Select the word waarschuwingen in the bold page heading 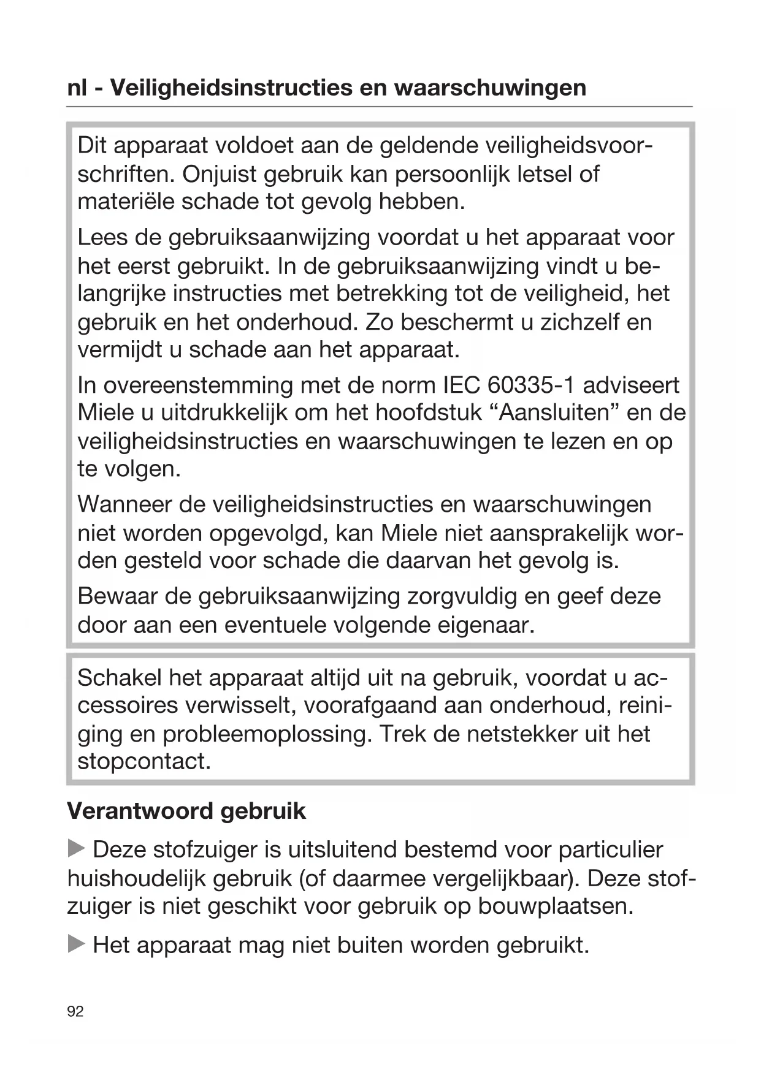pos(489,88)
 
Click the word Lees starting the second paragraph pos(100,237)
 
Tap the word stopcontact pos(144,762)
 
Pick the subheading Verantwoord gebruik pos(186,811)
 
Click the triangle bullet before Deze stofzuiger pos(76,849)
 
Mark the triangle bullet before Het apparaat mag pos(76,944)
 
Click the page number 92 pos(75,1012)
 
